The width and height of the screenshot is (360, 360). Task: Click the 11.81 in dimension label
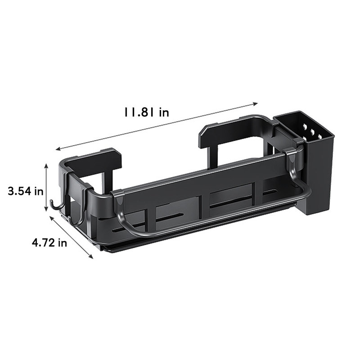147,112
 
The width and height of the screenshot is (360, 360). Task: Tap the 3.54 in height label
26,191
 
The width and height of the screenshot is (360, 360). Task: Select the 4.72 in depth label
49,243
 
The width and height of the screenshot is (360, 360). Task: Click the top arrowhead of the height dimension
46,165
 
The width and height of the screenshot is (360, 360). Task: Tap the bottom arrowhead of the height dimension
46,209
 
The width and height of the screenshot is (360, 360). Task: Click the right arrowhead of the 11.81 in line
255,104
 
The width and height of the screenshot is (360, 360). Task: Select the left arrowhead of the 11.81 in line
58,149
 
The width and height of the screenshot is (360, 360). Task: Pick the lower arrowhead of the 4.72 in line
91,256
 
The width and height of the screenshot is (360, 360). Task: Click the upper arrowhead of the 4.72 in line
52,218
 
